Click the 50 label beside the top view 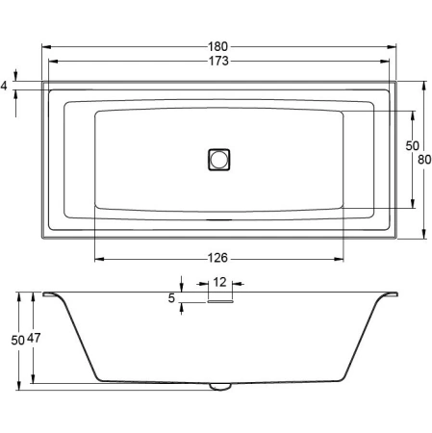coord(411,144)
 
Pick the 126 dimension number coord(218,258)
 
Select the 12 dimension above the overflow coord(220,283)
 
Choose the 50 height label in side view coord(16,339)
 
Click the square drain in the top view coord(219,159)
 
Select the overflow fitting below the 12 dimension coord(220,298)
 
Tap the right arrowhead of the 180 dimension coord(394,46)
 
